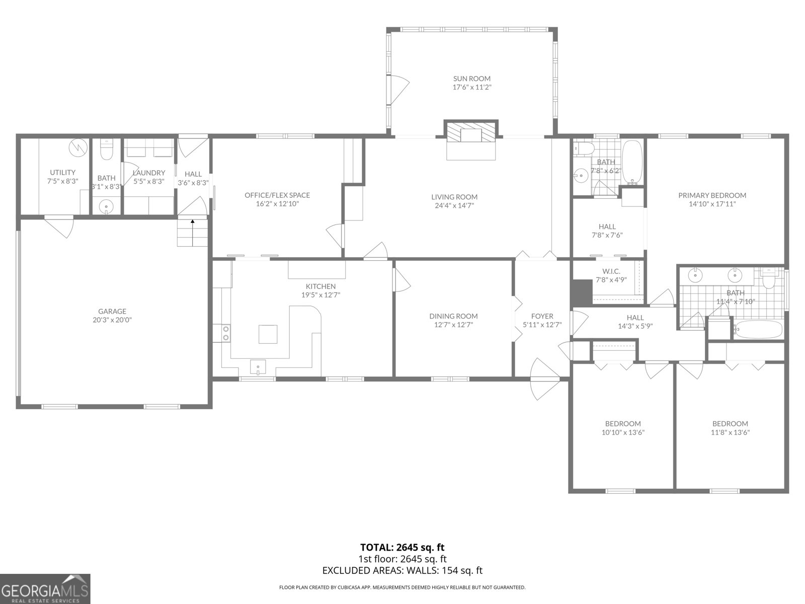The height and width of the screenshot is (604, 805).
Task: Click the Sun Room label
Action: click(x=471, y=79)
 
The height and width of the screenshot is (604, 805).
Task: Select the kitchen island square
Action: click(x=268, y=334)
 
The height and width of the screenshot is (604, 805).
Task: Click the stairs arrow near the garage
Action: click(x=192, y=221)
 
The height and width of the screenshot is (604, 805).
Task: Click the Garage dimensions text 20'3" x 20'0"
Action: click(x=112, y=320)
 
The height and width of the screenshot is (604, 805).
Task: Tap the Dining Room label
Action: click(x=453, y=316)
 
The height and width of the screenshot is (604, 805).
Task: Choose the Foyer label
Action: click(x=542, y=316)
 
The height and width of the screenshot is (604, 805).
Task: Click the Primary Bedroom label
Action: click(x=712, y=195)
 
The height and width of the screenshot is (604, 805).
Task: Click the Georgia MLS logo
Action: click(x=45, y=589)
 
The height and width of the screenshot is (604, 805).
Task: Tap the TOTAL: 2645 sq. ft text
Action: click(x=402, y=547)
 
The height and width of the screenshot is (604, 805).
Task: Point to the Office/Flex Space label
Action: click(x=277, y=195)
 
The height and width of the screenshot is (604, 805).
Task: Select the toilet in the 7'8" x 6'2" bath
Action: click(x=585, y=148)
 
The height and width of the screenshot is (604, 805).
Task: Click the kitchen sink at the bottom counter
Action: click(x=258, y=367)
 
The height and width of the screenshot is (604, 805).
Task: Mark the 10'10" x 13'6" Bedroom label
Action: click(x=623, y=424)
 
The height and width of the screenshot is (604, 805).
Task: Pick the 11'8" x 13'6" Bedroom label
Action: click(x=730, y=424)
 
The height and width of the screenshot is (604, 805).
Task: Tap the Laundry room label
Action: click(x=149, y=173)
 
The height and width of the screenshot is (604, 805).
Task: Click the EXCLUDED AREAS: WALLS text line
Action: click(x=402, y=570)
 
